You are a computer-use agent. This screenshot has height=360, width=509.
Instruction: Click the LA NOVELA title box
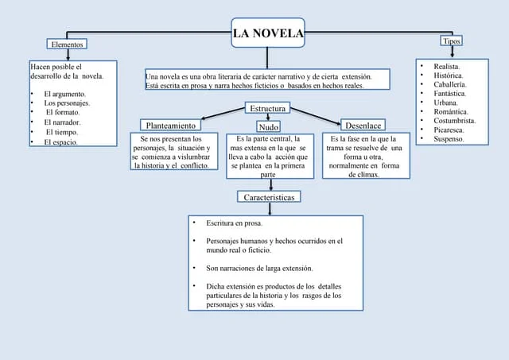click(267, 33)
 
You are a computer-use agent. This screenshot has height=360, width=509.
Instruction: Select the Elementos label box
click(67, 45)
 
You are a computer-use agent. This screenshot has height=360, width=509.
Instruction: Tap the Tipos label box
click(451, 41)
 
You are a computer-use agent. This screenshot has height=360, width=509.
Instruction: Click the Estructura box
click(268, 108)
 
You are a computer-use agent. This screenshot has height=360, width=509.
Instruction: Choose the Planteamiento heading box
click(169, 125)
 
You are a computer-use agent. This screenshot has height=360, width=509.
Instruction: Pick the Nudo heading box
click(269, 126)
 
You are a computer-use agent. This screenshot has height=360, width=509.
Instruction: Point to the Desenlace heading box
click(363, 125)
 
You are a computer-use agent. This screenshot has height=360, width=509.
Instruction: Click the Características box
click(269, 196)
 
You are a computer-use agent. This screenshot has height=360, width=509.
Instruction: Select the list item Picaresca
click(450, 130)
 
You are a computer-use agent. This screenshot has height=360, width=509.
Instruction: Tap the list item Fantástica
click(450, 93)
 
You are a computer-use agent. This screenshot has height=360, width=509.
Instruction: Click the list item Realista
click(446, 66)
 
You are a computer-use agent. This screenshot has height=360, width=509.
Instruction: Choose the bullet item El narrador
click(62, 122)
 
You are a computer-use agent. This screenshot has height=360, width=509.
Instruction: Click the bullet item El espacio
click(60, 142)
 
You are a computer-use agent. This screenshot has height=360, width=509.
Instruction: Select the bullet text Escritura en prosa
click(234, 224)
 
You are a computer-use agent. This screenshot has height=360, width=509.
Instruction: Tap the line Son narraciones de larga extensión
click(259, 269)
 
